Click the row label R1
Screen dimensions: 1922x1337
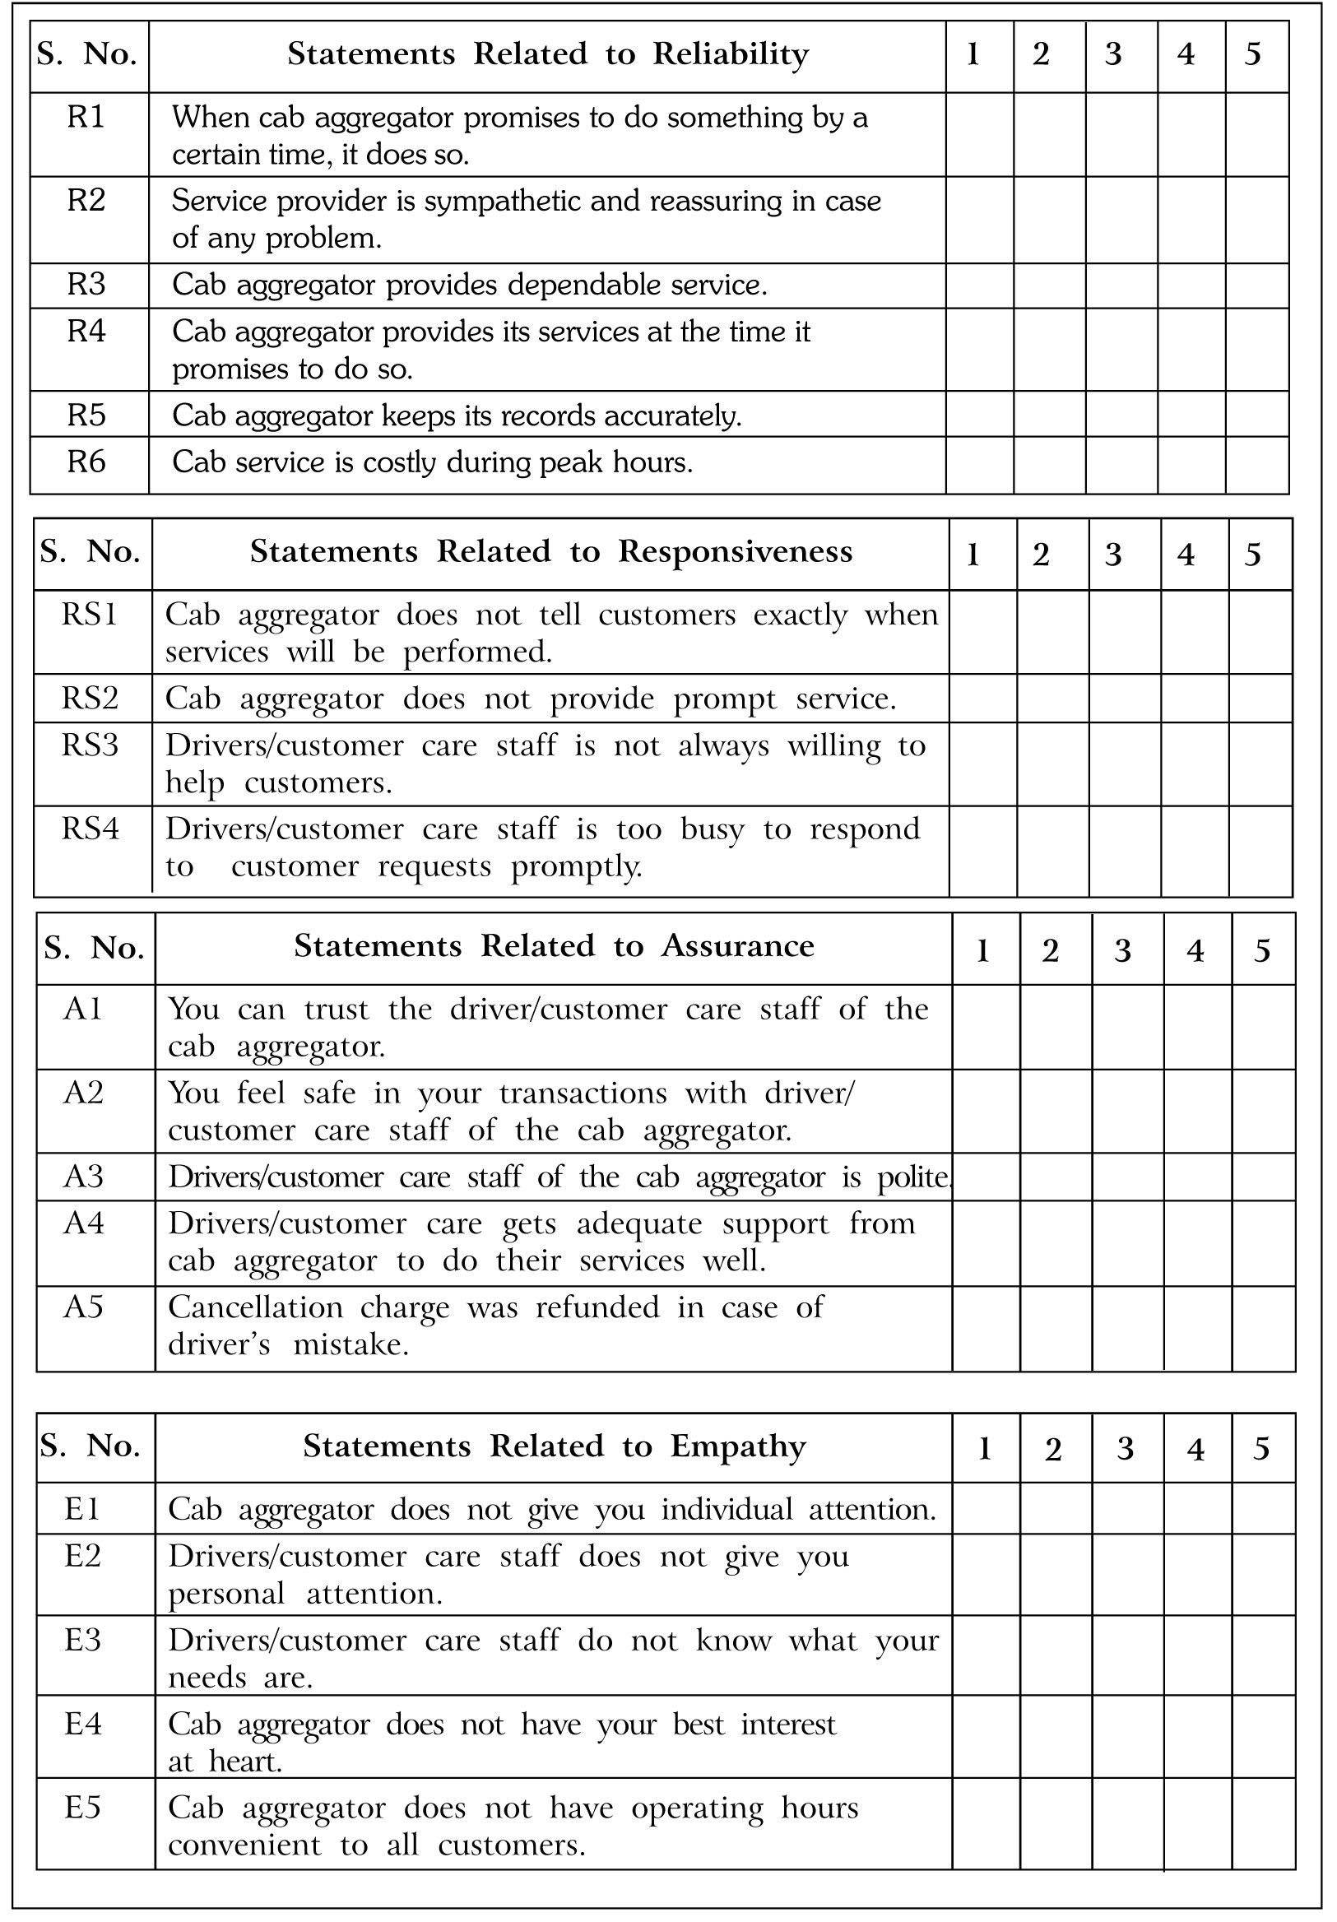[x=86, y=117]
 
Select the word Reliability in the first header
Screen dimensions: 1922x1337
[x=730, y=54]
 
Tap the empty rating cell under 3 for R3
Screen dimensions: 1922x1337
[x=1120, y=286]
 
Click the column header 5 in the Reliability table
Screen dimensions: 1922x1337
[x=1251, y=54]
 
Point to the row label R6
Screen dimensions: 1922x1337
[x=86, y=462]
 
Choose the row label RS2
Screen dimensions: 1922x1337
[x=90, y=699]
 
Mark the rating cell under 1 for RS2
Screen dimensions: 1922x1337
[x=982, y=699]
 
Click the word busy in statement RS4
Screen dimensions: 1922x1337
[x=712, y=829]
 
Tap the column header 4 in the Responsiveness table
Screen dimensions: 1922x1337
[x=1185, y=555]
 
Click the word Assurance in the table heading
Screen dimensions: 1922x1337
[x=737, y=946]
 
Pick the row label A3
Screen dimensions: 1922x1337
[x=84, y=1177]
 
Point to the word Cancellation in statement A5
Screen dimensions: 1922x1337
[x=255, y=1307]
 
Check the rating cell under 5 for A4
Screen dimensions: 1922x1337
[x=1262, y=1243]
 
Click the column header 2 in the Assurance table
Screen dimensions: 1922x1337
[x=1050, y=951]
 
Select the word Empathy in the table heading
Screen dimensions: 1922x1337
[x=737, y=1446]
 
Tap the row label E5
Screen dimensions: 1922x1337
[x=83, y=1808]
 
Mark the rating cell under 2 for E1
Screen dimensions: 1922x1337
[x=1055, y=1508]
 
